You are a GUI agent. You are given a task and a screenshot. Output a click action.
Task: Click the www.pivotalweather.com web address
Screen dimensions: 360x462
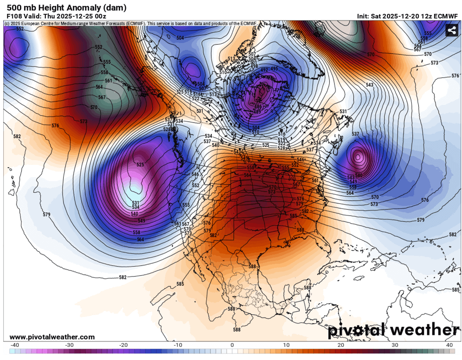(52, 337)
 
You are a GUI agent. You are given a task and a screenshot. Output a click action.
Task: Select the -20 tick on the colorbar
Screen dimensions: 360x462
(123, 345)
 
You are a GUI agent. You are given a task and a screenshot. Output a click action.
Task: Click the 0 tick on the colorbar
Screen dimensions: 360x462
(232, 345)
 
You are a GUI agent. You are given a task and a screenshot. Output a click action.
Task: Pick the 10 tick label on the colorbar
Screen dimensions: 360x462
(286, 345)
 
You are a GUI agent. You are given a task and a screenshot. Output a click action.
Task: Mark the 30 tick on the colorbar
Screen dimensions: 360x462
(395, 345)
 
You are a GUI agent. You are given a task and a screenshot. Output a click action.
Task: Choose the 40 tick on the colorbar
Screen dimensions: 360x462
(449, 345)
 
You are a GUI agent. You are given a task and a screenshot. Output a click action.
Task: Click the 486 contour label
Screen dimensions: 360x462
(258, 106)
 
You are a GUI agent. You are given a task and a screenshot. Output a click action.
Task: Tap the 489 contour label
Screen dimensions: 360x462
(258, 111)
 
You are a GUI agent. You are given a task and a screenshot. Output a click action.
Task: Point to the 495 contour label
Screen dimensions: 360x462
(274, 69)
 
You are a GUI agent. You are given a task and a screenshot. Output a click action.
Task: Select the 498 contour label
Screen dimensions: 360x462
(254, 66)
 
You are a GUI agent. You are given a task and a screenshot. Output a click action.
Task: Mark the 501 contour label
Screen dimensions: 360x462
(253, 62)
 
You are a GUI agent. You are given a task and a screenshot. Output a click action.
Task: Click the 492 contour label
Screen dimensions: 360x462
(264, 70)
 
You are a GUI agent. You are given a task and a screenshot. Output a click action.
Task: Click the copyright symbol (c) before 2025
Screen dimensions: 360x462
(7, 23)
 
